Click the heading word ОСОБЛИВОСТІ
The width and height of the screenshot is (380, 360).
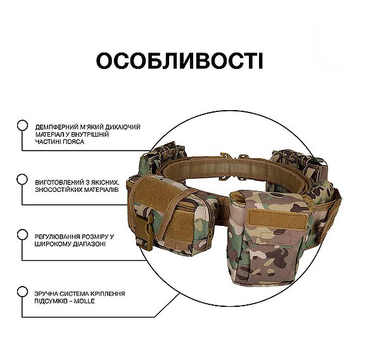click(180, 61)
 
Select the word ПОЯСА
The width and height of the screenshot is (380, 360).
click(73, 142)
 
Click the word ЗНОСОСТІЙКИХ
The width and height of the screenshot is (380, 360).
click(58, 190)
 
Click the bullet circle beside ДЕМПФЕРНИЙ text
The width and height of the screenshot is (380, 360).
click(22, 125)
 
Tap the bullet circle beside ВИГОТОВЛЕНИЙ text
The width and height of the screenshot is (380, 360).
click(22, 180)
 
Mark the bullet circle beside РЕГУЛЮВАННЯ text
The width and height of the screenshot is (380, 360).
click(22, 235)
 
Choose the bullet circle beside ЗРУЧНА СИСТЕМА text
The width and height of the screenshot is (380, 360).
click(22, 292)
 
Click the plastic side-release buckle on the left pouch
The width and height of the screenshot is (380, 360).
click(145, 230)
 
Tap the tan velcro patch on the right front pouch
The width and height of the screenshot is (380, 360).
click(278, 218)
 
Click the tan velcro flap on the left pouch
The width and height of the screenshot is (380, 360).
click(160, 191)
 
